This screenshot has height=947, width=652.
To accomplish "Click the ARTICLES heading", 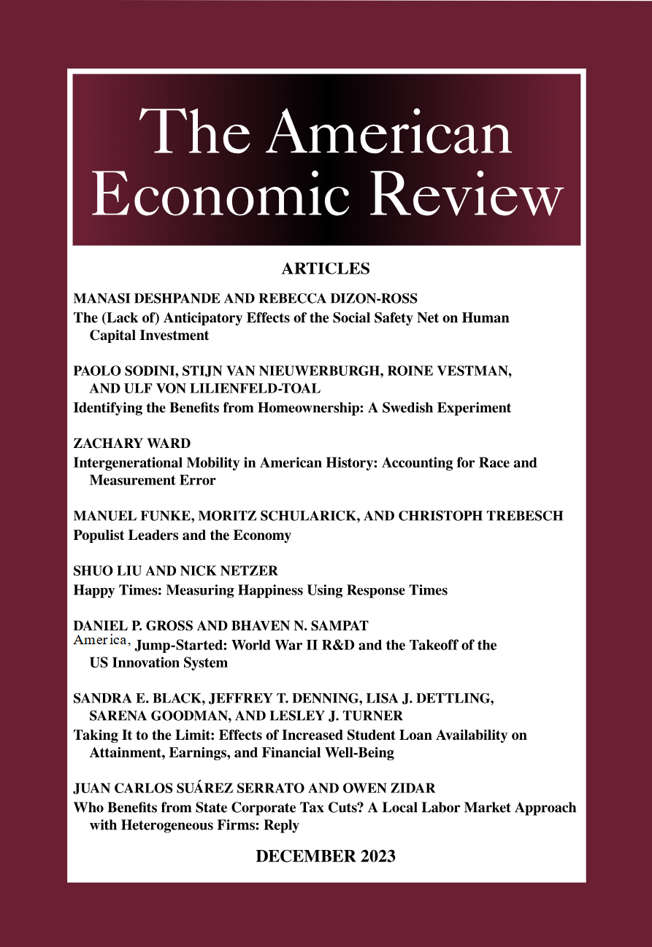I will coord(326,269).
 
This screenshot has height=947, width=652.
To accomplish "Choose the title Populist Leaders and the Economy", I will coord(183,536).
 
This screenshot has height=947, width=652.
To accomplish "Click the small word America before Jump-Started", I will coord(101,641).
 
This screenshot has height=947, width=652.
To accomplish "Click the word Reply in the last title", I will coord(282,826).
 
